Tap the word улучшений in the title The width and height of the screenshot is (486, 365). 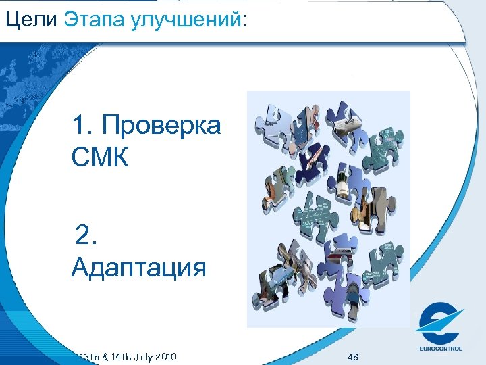point(191,20)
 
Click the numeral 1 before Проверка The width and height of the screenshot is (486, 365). point(80,126)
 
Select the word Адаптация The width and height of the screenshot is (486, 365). point(138,268)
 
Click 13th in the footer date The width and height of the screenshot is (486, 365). point(89,356)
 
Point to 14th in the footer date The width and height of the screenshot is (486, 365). point(123,356)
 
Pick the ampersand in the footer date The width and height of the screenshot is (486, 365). point(105,356)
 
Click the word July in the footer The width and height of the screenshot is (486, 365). point(146,356)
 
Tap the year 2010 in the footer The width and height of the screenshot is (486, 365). point(167,356)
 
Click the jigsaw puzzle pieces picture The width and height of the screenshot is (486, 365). point(329,209)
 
